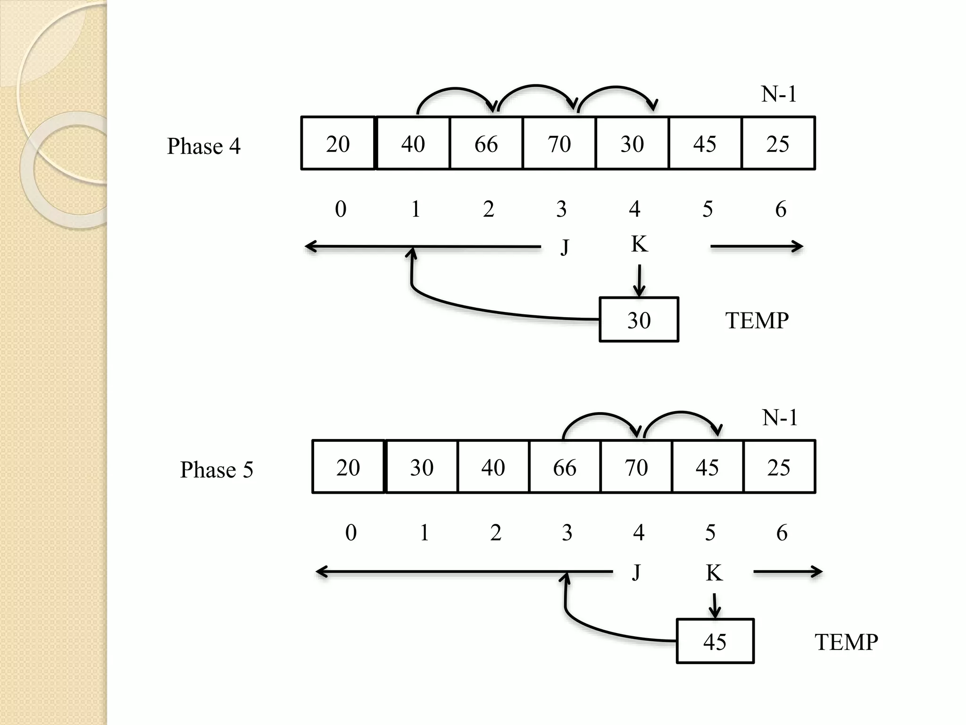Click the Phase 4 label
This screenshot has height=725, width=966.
[x=204, y=146]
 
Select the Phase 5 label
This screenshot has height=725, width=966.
[x=217, y=470]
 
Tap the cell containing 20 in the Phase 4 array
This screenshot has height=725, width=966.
[x=338, y=143]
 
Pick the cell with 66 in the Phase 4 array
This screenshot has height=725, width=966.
[x=486, y=143]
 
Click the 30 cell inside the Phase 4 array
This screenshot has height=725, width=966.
[x=632, y=143]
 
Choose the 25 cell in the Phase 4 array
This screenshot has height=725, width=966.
[x=778, y=143]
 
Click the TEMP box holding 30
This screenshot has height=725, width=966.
[x=639, y=320]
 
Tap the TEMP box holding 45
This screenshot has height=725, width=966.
[x=715, y=641]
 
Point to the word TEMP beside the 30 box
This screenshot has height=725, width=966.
[x=757, y=321]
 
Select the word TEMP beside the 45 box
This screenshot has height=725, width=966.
[x=846, y=642]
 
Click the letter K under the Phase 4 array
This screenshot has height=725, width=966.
[x=639, y=244]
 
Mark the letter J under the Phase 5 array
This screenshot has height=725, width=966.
[x=636, y=573]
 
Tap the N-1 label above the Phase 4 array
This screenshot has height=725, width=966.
[x=779, y=94]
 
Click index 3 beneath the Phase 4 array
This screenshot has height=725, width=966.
[x=561, y=209]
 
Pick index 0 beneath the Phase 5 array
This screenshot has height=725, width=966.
[x=351, y=533]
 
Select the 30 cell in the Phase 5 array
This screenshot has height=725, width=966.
[x=421, y=467]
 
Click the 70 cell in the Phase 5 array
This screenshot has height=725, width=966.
[x=636, y=467]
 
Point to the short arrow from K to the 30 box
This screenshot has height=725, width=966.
[x=639, y=280]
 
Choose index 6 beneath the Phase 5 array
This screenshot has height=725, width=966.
[x=782, y=533]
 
